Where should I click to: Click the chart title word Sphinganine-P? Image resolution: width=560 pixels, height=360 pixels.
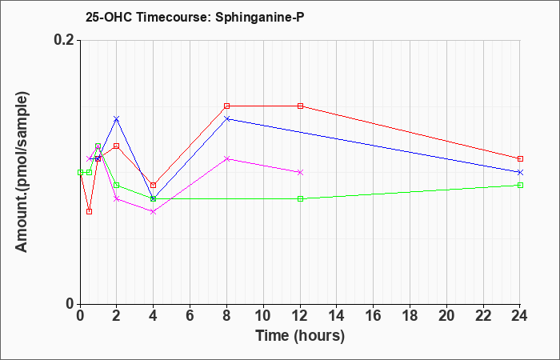(x=260, y=18)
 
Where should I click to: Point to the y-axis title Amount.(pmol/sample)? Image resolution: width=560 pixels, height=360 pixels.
(x=22, y=172)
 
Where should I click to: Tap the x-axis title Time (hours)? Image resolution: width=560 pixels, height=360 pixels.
(x=300, y=336)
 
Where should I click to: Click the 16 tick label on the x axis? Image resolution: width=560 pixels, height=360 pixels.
(x=374, y=316)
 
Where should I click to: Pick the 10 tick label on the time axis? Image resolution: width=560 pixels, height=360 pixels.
(x=263, y=316)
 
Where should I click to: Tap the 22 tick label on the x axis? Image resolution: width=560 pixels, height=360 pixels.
(x=483, y=316)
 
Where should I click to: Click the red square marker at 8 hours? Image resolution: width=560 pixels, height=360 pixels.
(x=226, y=106)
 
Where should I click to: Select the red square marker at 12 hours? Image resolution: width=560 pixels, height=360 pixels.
(x=300, y=106)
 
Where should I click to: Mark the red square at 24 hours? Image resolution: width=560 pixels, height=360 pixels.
(x=520, y=158)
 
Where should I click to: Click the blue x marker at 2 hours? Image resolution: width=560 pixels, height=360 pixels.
(x=117, y=118)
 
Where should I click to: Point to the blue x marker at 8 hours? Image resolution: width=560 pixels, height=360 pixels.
(x=226, y=118)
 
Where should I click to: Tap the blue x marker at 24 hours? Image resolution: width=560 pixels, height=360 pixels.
(x=520, y=172)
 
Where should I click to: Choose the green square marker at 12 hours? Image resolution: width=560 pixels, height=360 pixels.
(x=300, y=198)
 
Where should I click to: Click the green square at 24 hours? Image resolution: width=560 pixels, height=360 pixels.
(x=520, y=185)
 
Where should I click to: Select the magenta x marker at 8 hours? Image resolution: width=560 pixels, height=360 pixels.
(x=226, y=158)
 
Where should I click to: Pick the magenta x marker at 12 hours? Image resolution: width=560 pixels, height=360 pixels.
(x=300, y=172)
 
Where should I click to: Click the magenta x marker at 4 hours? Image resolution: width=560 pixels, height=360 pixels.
(x=154, y=211)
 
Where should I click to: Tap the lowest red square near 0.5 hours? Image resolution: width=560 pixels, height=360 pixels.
(x=90, y=211)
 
